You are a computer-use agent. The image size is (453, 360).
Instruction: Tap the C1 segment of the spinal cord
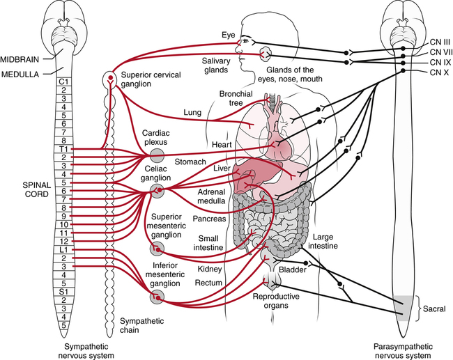(62, 82)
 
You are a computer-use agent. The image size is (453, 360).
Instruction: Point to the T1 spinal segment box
(62, 149)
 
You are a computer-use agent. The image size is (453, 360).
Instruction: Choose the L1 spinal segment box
(62, 249)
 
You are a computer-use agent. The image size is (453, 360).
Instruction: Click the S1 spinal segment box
(62, 291)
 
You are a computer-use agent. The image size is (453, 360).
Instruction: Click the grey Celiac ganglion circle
(160, 189)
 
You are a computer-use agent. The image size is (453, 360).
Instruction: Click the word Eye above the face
(229, 35)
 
